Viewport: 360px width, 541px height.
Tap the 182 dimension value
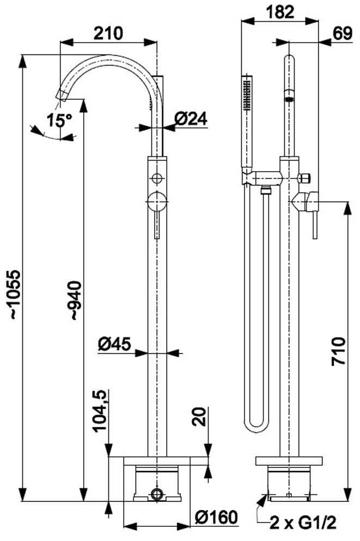coord(279,13)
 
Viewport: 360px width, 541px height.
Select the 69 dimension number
coord(343,34)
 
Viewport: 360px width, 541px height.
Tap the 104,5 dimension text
coord(100,411)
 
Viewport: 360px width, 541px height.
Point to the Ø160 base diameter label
coord(216,516)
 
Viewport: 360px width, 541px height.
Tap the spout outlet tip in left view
coord(61,96)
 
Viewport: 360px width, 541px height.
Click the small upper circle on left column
coord(157,178)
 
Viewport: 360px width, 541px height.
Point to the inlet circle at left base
coord(157,495)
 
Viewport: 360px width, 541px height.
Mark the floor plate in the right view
coord(289,461)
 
